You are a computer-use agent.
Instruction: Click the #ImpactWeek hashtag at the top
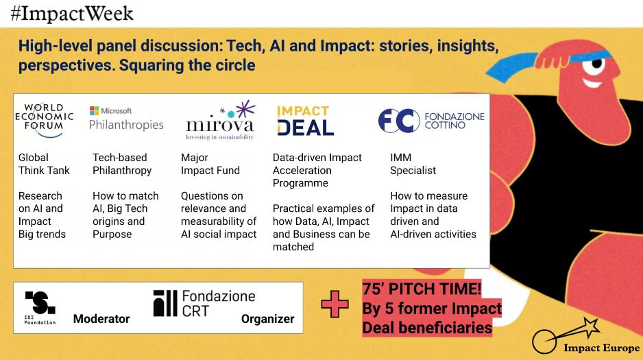pyautogui.click(x=72, y=14)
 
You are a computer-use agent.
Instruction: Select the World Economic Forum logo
pyautogui.click(x=44, y=120)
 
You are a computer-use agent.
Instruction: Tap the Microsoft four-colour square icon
pyautogui.click(x=95, y=110)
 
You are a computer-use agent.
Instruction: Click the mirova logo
pyautogui.click(x=220, y=121)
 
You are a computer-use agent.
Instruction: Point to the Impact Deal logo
pyautogui.click(x=305, y=121)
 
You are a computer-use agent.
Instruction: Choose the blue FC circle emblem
pyautogui.click(x=398, y=121)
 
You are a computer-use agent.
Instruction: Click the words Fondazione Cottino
pyautogui.click(x=454, y=121)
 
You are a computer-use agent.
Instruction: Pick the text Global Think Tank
pyautogui.click(x=44, y=164)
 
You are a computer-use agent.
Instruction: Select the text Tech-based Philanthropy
pyautogui.click(x=122, y=164)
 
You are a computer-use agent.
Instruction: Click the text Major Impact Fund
pyautogui.click(x=210, y=164)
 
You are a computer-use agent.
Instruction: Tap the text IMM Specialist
pyautogui.click(x=413, y=164)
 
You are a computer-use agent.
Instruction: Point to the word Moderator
pyautogui.click(x=101, y=319)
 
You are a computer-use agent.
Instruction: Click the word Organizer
pyautogui.click(x=268, y=319)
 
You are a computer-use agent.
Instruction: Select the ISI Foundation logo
pyautogui.click(x=40, y=308)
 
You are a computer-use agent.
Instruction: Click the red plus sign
pyautogui.click(x=335, y=304)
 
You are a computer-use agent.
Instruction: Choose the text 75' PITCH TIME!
pyautogui.click(x=422, y=289)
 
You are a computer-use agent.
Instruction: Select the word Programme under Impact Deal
pyautogui.click(x=300, y=183)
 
